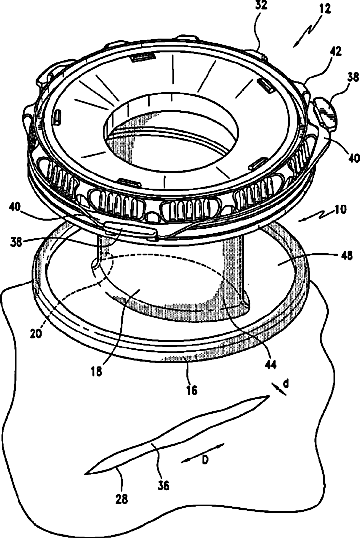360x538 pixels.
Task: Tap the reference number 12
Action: [324, 8]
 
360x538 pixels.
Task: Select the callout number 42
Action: [335, 51]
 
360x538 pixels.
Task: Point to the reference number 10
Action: [340, 209]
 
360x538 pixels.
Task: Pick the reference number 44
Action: [270, 365]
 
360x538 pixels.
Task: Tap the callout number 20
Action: [35, 332]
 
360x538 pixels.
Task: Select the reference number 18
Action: [97, 371]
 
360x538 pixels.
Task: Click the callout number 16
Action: [191, 389]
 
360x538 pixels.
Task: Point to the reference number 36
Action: [163, 485]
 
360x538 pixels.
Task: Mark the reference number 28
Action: [121, 499]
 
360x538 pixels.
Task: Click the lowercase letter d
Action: [285, 383]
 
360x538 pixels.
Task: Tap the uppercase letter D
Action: [205, 460]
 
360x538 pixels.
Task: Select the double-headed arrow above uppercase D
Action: [202, 453]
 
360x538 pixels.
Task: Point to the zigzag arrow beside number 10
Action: [315, 217]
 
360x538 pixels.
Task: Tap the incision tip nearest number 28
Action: [86, 474]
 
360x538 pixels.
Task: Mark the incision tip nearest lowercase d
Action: [268, 396]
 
